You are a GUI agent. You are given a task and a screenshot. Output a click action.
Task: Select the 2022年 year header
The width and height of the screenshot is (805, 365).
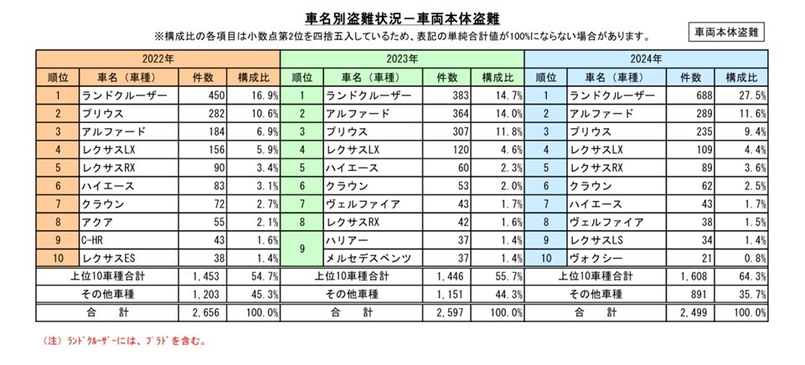click(157, 59)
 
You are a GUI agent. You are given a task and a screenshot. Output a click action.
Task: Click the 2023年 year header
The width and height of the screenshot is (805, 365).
click(402, 59)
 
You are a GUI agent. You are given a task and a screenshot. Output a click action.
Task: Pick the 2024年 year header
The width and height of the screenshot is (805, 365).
click(647, 59)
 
